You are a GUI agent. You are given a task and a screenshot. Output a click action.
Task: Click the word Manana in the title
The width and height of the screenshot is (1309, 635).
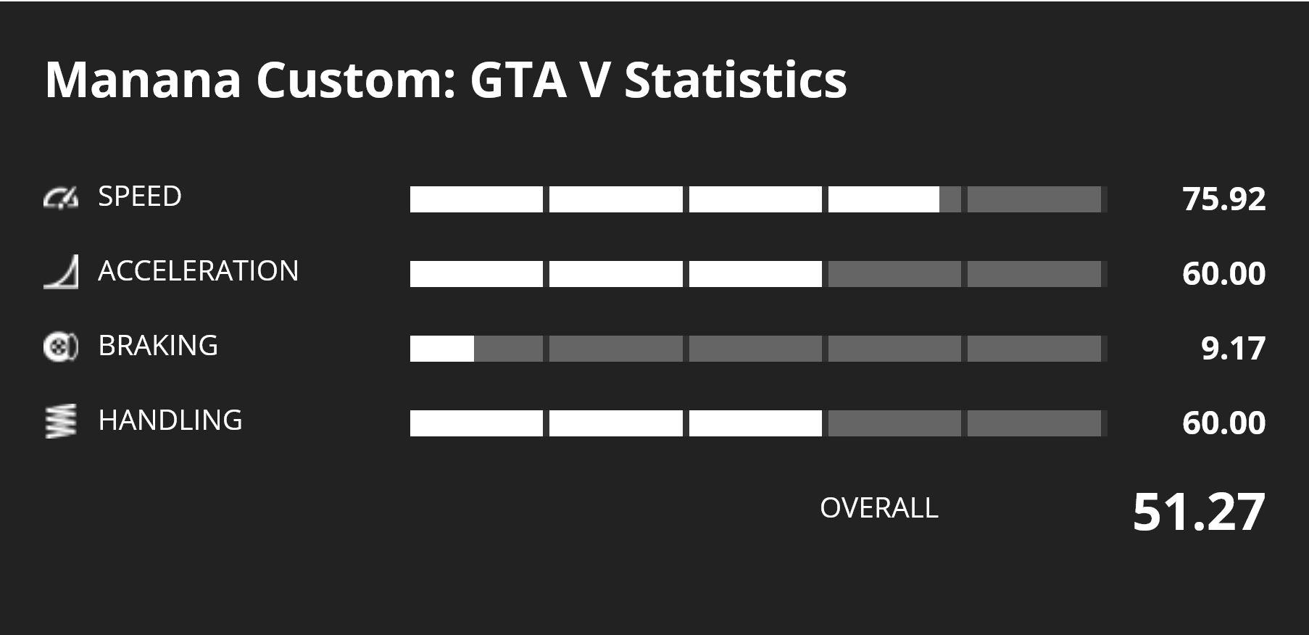[x=143, y=80]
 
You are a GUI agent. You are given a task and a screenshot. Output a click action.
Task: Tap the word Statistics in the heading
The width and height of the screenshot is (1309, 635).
[x=735, y=80]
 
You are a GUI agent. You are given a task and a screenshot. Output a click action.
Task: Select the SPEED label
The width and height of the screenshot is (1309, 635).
[x=140, y=196]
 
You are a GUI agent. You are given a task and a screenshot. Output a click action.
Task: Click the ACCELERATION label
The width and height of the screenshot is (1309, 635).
[x=198, y=271]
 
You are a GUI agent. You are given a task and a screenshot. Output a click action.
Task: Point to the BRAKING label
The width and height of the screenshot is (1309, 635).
[x=158, y=346]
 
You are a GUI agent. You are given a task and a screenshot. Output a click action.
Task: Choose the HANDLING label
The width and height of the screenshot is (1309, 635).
[x=170, y=420]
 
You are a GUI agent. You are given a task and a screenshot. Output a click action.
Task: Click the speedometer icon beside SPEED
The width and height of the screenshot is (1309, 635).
[x=60, y=197]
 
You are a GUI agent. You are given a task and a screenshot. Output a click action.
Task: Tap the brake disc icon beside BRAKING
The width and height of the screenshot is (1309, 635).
[x=60, y=346]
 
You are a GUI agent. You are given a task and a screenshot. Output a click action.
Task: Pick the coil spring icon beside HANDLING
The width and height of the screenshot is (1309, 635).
[x=60, y=421]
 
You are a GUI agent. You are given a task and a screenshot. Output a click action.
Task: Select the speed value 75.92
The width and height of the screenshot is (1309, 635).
[x=1224, y=199]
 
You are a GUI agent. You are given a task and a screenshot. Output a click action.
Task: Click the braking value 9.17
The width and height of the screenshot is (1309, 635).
[x=1233, y=349]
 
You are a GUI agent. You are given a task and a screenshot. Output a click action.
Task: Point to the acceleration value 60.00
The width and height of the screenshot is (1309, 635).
[x=1224, y=274]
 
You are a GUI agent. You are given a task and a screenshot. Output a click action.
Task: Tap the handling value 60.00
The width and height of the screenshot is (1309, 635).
[x=1224, y=423]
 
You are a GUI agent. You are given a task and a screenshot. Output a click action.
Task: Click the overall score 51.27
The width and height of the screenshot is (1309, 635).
[x=1199, y=512]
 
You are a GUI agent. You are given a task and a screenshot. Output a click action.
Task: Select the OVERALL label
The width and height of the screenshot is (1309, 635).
[x=879, y=508]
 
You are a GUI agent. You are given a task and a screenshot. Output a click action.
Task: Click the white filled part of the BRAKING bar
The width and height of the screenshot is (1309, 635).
[x=442, y=349]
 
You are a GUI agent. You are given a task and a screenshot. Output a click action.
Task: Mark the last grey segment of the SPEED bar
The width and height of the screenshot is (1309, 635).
[x=1034, y=199]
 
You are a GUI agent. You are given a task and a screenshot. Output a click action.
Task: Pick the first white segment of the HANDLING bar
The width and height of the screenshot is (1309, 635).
[x=476, y=423]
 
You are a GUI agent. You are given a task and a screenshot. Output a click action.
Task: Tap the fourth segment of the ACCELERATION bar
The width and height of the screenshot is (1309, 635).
[x=894, y=274]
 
